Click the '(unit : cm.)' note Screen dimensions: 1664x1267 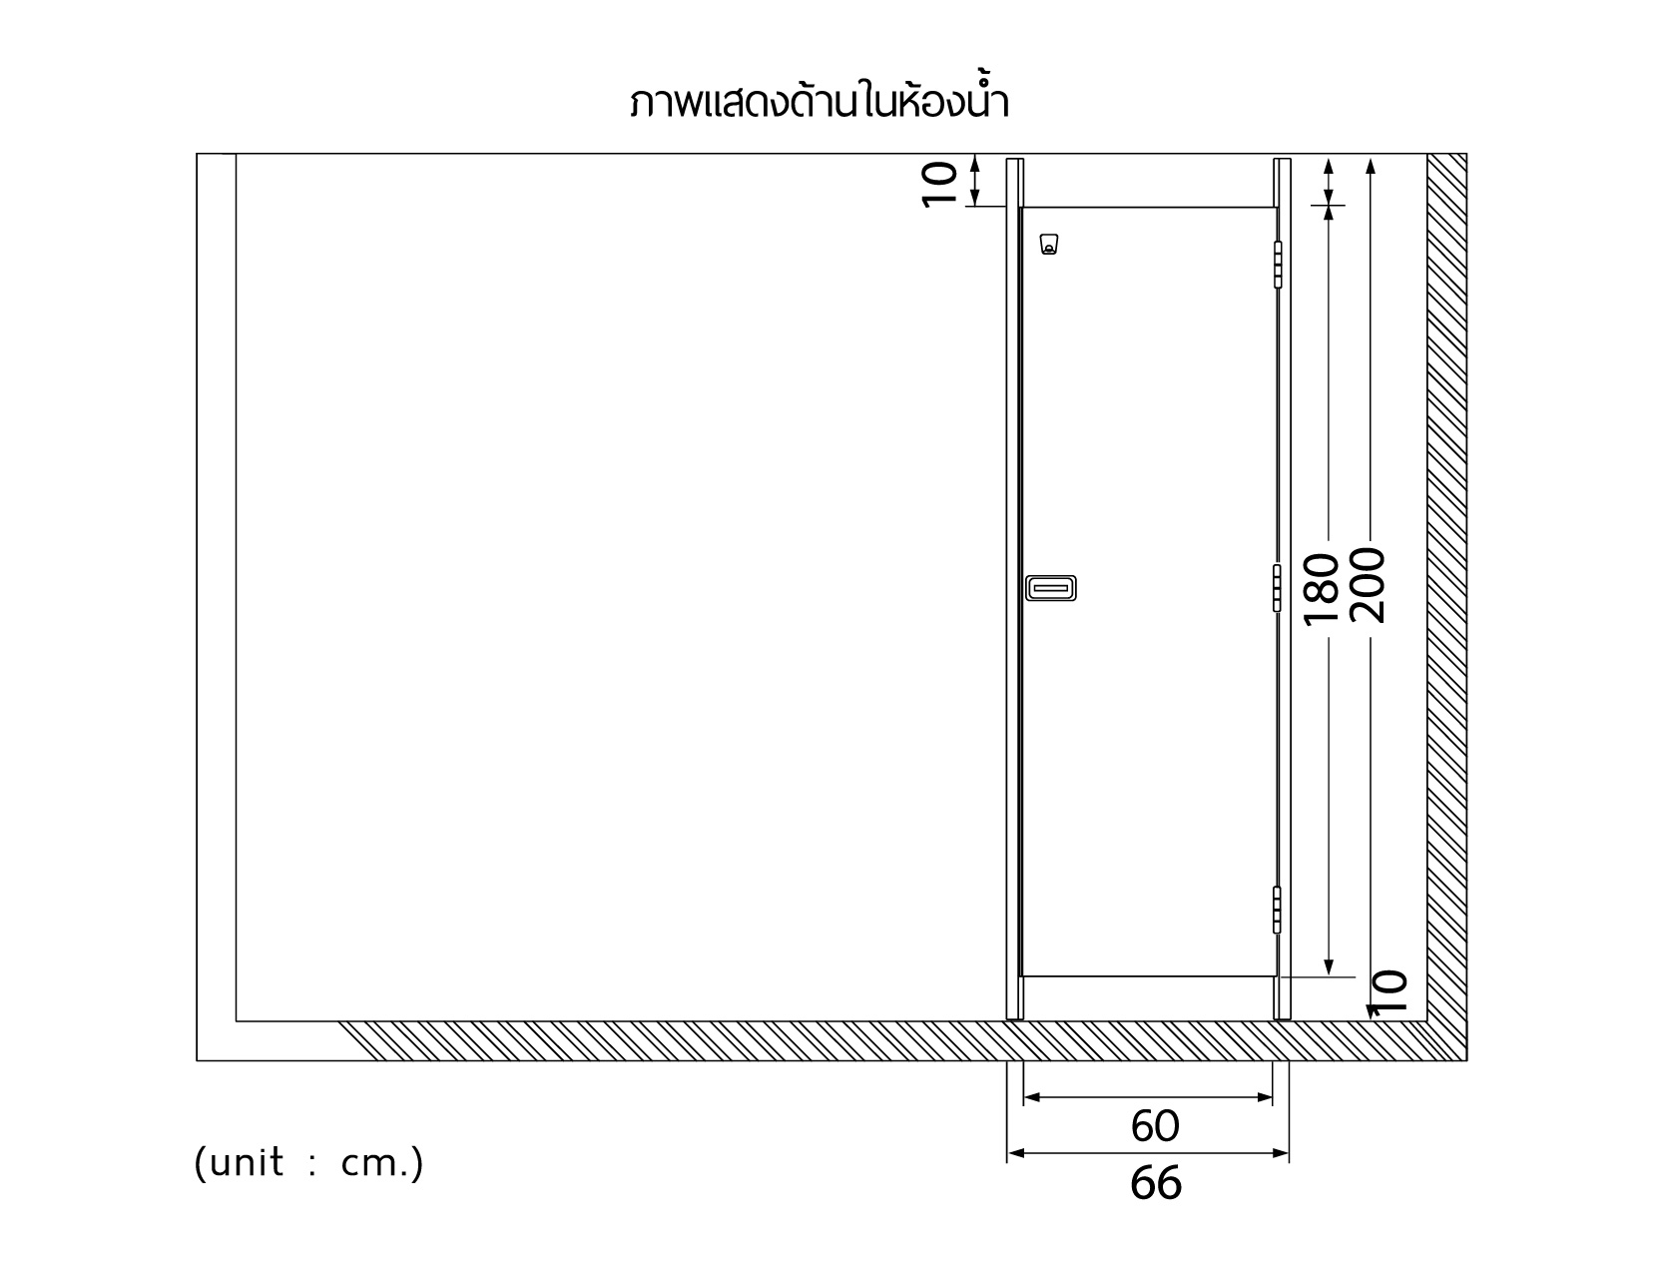click(308, 1162)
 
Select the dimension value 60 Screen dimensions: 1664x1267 click(1155, 1127)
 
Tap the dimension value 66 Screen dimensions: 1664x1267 click(1155, 1183)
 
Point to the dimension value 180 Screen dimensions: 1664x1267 click(1322, 589)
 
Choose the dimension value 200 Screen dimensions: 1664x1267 click(1368, 585)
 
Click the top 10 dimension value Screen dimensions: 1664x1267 click(939, 185)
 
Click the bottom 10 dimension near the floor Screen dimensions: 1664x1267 click(1390, 991)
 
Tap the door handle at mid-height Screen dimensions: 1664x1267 click(1051, 588)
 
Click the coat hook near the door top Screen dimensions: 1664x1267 click(1049, 245)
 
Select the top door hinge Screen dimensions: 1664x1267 click(1278, 265)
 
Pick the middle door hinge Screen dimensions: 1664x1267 click(1277, 588)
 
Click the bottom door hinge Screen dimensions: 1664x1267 click(1277, 910)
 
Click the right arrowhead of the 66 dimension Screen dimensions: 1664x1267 click(1281, 1153)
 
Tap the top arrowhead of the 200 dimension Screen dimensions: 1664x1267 click(1371, 166)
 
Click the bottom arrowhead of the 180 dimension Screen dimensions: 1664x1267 click(1329, 967)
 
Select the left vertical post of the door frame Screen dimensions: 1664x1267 click(1014, 589)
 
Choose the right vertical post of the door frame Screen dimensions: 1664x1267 click(1282, 589)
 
